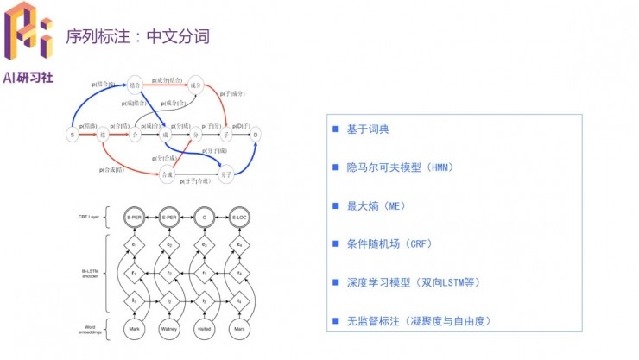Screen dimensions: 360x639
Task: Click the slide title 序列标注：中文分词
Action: [137, 37]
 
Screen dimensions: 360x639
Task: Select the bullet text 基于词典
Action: [368, 129]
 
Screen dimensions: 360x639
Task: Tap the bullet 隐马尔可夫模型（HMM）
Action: [399, 167]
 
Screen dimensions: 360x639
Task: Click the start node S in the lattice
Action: [72, 135]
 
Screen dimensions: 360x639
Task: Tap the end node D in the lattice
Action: [256, 135]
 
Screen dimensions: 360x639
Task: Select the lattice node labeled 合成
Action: [166, 174]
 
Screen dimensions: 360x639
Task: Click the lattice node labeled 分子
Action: [227, 174]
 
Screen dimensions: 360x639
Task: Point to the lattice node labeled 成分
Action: [196, 86]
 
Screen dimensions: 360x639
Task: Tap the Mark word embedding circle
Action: [134, 330]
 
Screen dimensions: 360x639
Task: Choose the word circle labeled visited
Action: [204, 330]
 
